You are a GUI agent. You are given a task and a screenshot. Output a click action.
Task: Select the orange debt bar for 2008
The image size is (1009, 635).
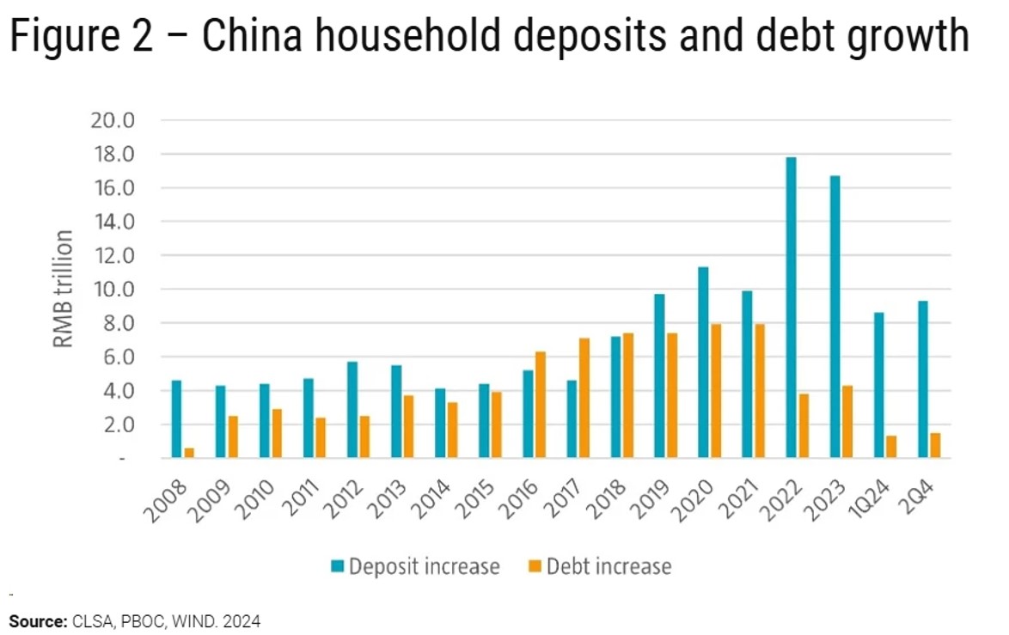point(189,453)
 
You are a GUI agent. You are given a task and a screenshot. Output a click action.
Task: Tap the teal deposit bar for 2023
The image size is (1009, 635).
point(835,317)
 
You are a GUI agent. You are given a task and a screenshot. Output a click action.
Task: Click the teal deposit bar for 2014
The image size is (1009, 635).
point(440,424)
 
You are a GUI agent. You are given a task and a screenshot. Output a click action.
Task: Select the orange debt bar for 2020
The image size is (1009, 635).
point(716,391)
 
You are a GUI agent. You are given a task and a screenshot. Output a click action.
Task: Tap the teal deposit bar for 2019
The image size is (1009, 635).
point(659,376)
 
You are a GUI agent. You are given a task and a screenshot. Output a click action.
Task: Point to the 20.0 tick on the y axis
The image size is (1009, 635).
point(113,120)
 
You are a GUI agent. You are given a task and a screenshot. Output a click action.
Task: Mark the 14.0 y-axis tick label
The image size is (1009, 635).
point(113,222)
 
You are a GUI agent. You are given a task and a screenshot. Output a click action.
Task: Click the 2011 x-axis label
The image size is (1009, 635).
point(297,498)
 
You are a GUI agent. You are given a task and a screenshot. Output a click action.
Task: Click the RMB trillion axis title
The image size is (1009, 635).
point(64,289)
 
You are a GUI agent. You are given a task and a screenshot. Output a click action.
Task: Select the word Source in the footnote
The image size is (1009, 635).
point(36,620)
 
